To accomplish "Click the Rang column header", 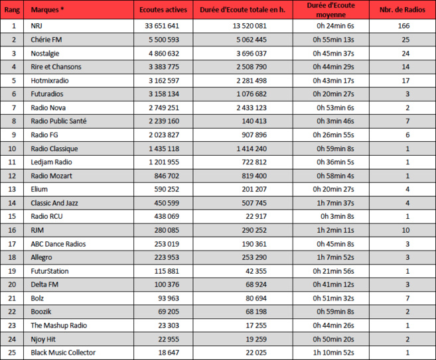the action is click(x=13, y=11).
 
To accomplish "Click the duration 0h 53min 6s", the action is click(x=336, y=107).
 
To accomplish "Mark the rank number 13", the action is click(x=13, y=189).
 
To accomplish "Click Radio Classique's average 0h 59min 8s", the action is click(x=336, y=149).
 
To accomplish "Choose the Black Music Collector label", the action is click(x=63, y=352).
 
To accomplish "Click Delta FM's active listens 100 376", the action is click(x=163, y=284).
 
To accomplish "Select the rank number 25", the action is click(x=13, y=352).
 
